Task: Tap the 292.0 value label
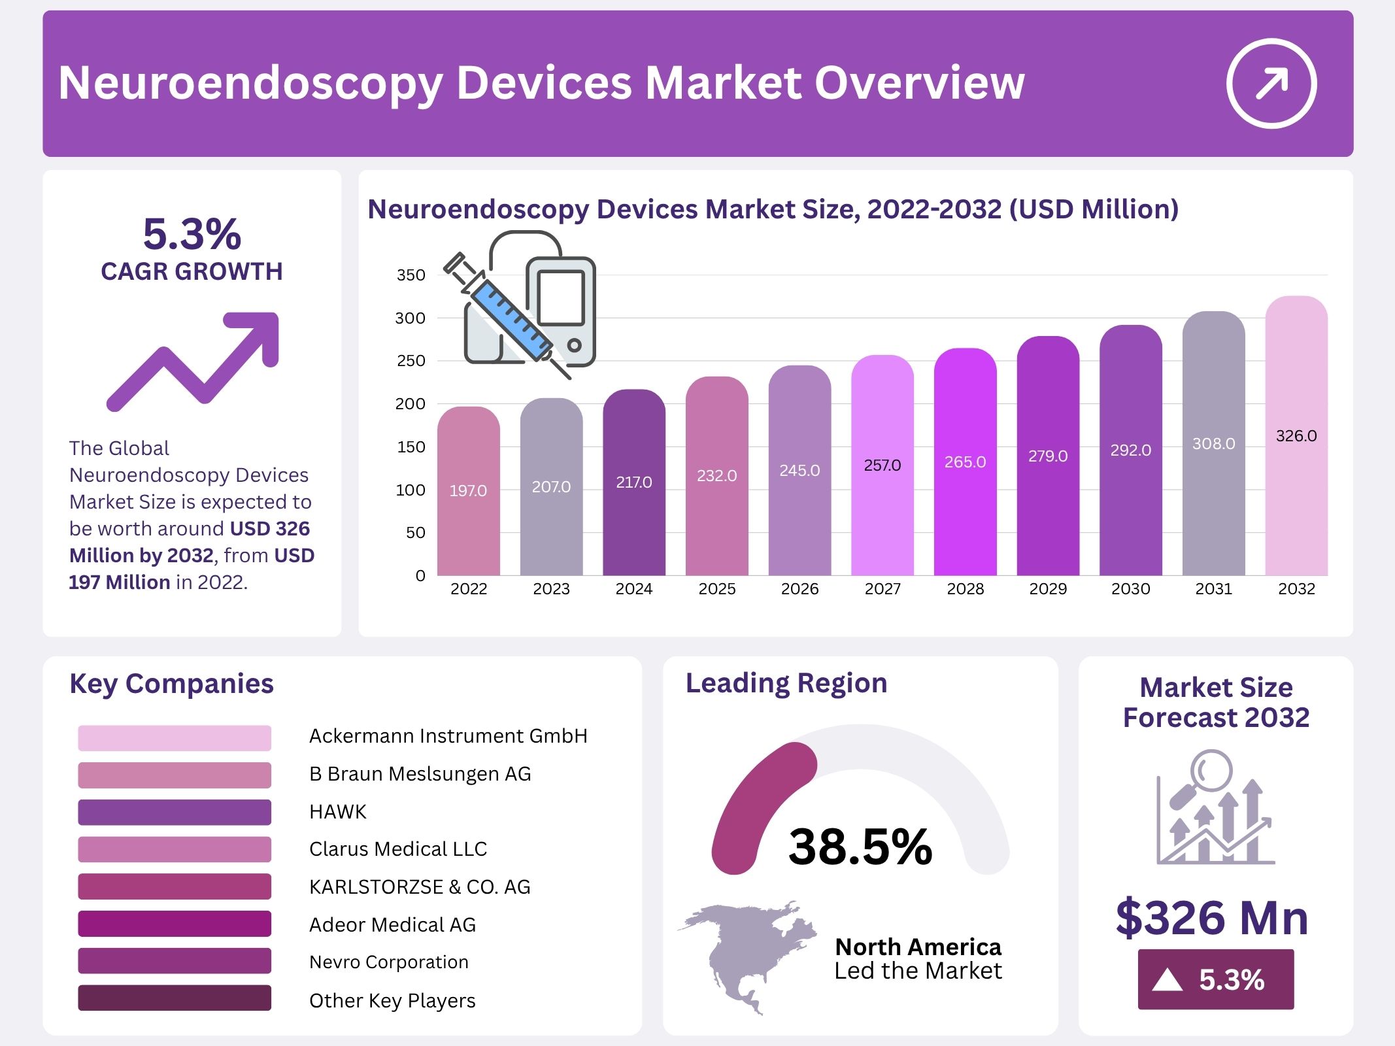pyautogui.click(x=1130, y=450)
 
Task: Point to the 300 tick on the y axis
pyautogui.click(x=410, y=318)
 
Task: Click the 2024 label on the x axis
pyautogui.click(x=633, y=589)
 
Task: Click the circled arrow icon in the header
pyautogui.click(x=1271, y=84)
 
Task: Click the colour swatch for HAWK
pyautogui.click(x=175, y=812)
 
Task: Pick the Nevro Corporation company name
pyautogui.click(x=388, y=962)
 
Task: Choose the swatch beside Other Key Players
pyautogui.click(x=175, y=998)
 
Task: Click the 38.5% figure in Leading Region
pyautogui.click(x=860, y=847)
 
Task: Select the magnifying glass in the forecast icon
pyautogui.click(x=1209, y=772)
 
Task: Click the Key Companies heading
pyautogui.click(x=171, y=684)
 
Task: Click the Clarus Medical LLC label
pyautogui.click(x=397, y=849)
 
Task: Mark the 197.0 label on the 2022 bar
pyautogui.click(x=468, y=491)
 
